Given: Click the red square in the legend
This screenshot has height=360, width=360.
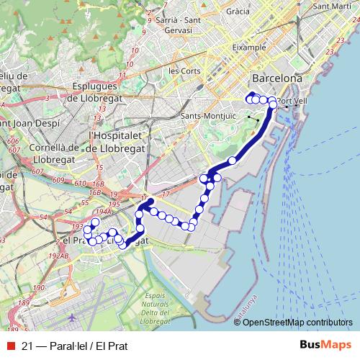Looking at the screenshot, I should click(9, 346).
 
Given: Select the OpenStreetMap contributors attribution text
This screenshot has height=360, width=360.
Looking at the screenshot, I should click(297, 323).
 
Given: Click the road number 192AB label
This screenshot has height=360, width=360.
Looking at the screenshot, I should click(59, 255).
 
